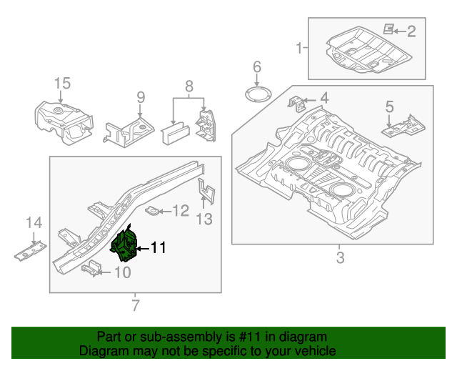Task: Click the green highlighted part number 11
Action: click(124, 242)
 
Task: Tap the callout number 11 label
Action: click(158, 248)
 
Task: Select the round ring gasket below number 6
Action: click(257, 94)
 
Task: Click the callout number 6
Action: click(257, 68)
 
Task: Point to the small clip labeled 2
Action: click(389, 29)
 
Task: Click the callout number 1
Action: click(298, 48)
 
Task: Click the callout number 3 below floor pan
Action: click(339, 257)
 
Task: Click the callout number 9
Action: click(141, 97)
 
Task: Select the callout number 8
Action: click(190, 88)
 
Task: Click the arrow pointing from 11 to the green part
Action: click(142, 248)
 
